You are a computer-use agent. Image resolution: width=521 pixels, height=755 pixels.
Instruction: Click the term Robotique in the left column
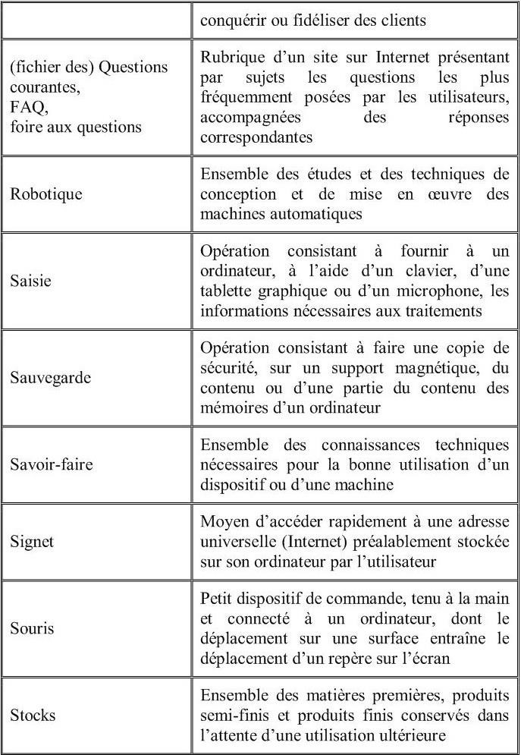[46, 194]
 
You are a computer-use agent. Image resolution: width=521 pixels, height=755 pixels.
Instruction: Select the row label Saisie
[30, 281]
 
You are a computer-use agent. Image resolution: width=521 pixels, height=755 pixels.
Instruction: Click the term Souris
[33, 629]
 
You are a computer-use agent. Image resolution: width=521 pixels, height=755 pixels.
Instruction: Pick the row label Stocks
[33, 716]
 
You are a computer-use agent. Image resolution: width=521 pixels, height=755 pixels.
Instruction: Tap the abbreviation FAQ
[27, 109]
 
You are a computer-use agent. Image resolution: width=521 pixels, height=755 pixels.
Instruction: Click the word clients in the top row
[400, 20]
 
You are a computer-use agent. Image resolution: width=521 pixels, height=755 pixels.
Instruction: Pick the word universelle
[236, 543]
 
